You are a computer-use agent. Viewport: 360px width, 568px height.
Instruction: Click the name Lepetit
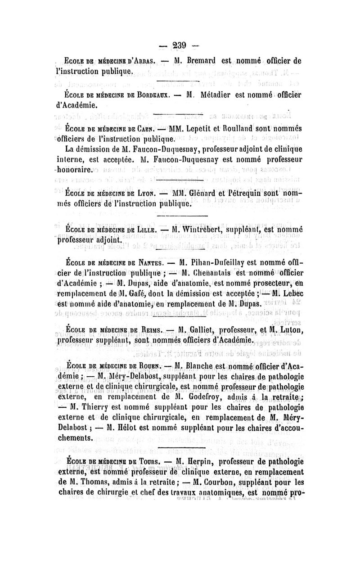tap(201, 126)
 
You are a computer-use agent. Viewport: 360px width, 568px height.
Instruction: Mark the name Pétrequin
tap(250, 194)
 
